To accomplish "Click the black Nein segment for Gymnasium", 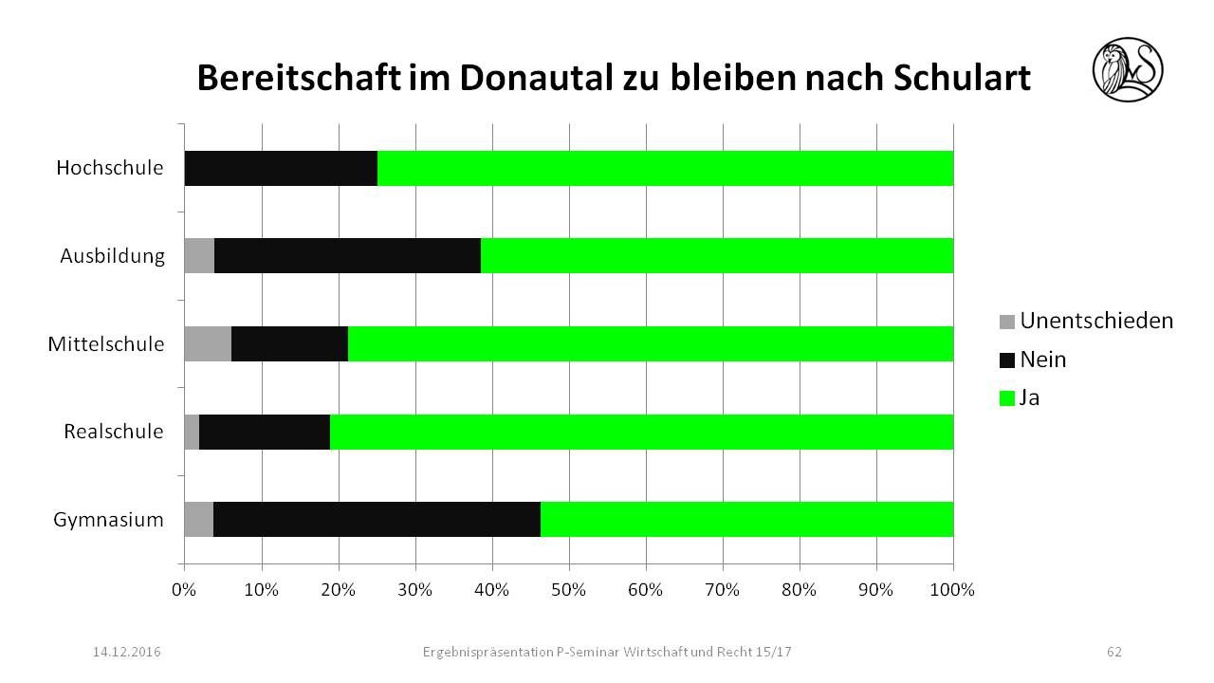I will (377, 519).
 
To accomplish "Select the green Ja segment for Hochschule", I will (665, 168).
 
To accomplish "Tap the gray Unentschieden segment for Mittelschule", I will (208, 343).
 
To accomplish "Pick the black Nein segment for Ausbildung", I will (347, 255).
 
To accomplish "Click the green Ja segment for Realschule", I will (641, 432).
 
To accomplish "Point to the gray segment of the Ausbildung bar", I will (199, 255).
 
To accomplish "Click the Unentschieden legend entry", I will (1087, 321).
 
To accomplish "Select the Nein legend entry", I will (1034, 360).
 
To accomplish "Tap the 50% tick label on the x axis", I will (569, 590).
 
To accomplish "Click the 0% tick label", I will (184, 590).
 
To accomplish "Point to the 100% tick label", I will (953, 590).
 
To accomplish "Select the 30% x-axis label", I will (415, 590).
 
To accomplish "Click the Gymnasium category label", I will (108, 520).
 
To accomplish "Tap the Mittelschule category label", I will (106, 343).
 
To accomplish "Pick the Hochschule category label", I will (110, 168).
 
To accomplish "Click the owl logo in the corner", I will (1128, 69).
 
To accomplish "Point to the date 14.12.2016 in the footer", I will (126, 652).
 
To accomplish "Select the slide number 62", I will (1114, 652).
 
